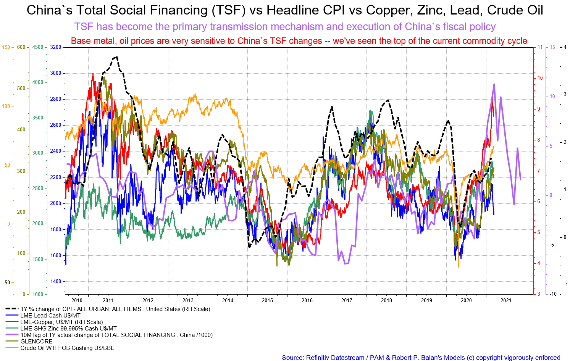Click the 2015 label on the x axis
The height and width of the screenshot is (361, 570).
click(267, 300)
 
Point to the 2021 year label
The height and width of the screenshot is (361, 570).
click(506, 300)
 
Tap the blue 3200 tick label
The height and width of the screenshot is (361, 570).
click(56, 47)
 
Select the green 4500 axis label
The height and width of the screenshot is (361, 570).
click(38, 47)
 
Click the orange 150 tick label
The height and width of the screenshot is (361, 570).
click(6, 47)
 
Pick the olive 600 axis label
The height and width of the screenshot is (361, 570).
click(21, 47)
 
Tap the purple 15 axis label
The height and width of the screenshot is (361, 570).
click(552, 47)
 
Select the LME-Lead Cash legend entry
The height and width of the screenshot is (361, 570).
click(50, 316)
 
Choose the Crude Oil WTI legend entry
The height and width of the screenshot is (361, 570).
click(67, 348)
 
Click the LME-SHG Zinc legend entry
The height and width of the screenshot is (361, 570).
click(68, 329)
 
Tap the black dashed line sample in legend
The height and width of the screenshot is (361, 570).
click(12, 309)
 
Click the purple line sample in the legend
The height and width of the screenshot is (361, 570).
click(12, 335)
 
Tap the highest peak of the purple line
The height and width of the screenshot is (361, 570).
click(494, 84)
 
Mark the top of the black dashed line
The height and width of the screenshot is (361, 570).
click(116, 56)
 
